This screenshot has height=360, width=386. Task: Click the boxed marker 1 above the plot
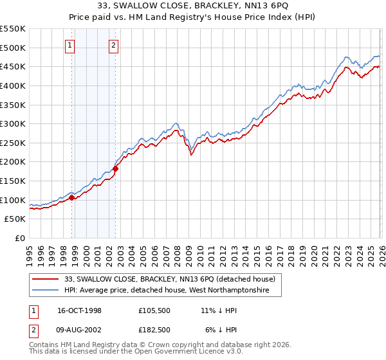(69, 45)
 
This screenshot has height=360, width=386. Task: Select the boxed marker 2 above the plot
(113, 45)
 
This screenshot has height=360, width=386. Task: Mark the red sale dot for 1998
(72, 198)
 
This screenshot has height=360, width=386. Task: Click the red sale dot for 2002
(116, 168)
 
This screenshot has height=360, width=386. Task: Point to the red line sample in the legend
(46, 279)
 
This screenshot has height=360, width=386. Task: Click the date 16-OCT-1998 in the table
(80, 310)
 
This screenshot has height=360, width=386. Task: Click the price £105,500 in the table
(154, 310)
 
